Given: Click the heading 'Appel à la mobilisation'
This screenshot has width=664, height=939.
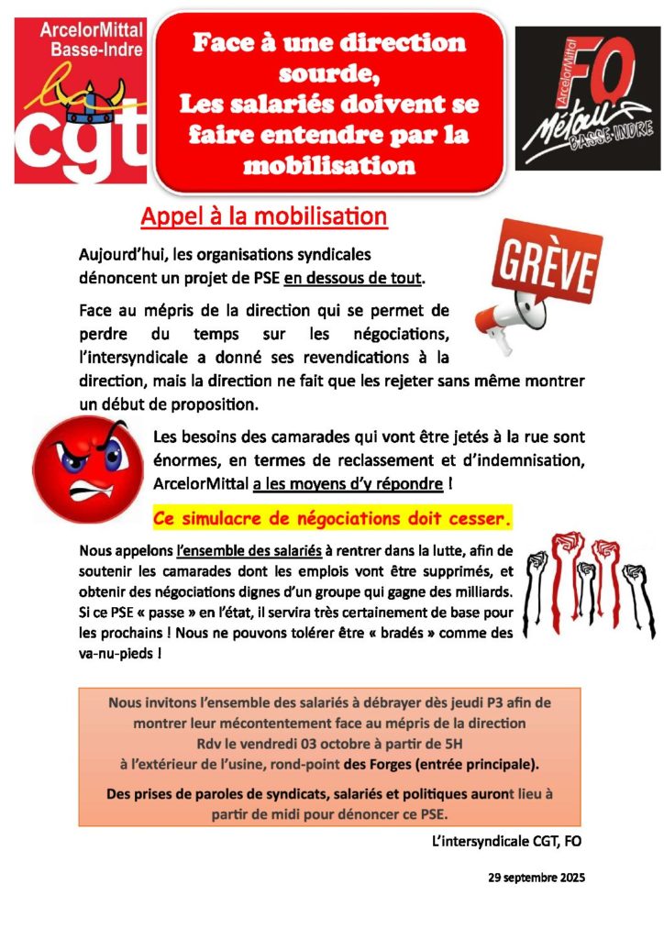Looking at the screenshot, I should pyautogui.click(x=264, y=217).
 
